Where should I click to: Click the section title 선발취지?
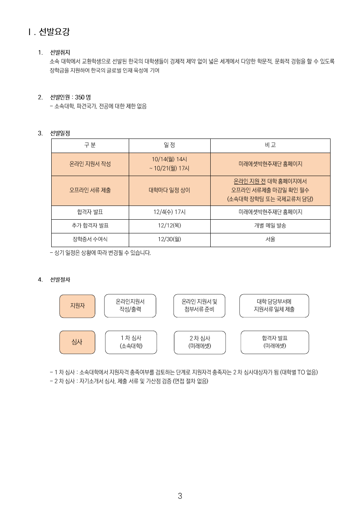(60, 52)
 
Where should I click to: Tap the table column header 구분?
(90, 145)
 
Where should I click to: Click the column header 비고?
(270, 145)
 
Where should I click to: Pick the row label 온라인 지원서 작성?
(90, 164)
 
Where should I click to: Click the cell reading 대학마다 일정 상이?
(170, 190)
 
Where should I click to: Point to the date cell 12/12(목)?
(170, 226)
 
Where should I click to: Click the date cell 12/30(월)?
(170, 239)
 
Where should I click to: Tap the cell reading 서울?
(270, 239)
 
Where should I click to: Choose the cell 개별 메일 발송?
(270, 226)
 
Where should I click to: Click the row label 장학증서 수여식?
(90, 239)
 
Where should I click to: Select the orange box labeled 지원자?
(77, 306)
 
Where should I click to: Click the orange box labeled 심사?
(77, 342)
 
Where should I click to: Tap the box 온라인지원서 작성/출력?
(130, 306)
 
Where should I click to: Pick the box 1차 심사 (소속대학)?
(131, 342)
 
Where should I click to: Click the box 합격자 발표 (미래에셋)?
(274, 342)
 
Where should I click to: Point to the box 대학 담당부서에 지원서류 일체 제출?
(274, 306)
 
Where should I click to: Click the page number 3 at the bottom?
(180, 496)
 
